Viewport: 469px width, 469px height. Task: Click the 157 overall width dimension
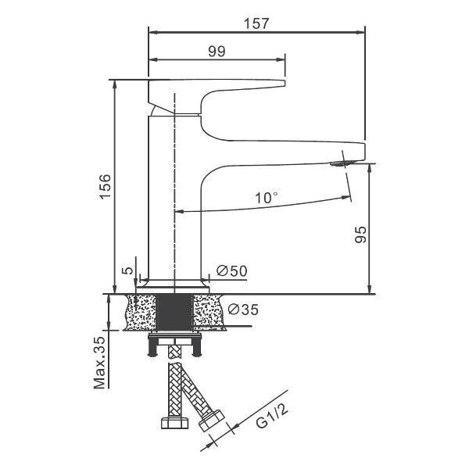pos(256,24)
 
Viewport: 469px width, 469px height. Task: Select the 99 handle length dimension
pos(217,52)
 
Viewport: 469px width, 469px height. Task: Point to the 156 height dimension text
pos(106,187)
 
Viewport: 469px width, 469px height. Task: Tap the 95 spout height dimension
pos(360,234)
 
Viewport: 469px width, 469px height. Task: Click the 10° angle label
pos(267,198)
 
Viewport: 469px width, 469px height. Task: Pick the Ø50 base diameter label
pos(232,271)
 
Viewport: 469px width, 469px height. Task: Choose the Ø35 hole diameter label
pos(243,310)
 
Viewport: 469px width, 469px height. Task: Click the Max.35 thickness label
pos(100,363)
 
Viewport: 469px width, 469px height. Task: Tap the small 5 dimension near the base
pos(127,270)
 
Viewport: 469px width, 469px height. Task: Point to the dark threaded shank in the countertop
pos(174,313)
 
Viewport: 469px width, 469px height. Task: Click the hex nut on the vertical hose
pos(174,423)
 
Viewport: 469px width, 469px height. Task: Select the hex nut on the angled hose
pos(212,421)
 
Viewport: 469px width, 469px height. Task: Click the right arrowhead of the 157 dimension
pos(360,32)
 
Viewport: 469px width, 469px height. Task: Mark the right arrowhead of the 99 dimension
pos(281,60)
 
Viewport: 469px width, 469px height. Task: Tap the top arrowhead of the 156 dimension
pos(115,85)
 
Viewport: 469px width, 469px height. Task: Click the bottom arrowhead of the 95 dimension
pos(370,289)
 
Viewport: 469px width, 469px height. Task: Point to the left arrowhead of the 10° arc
pos(179,212)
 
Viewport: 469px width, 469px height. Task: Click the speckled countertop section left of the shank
pos(140,313)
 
